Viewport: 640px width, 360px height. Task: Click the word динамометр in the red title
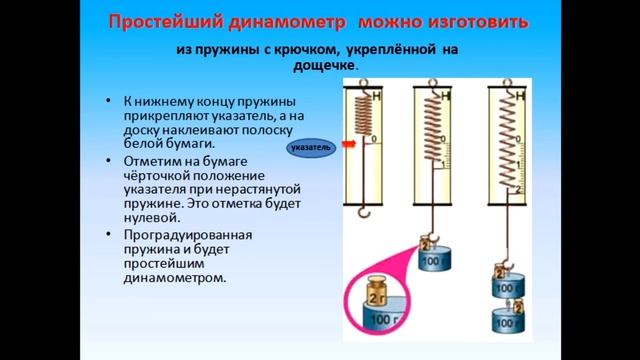[x=302, y=21]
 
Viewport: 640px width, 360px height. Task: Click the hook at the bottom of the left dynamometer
[x=367, y=213]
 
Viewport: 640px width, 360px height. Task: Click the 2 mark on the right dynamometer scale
[x=519, y=189]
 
